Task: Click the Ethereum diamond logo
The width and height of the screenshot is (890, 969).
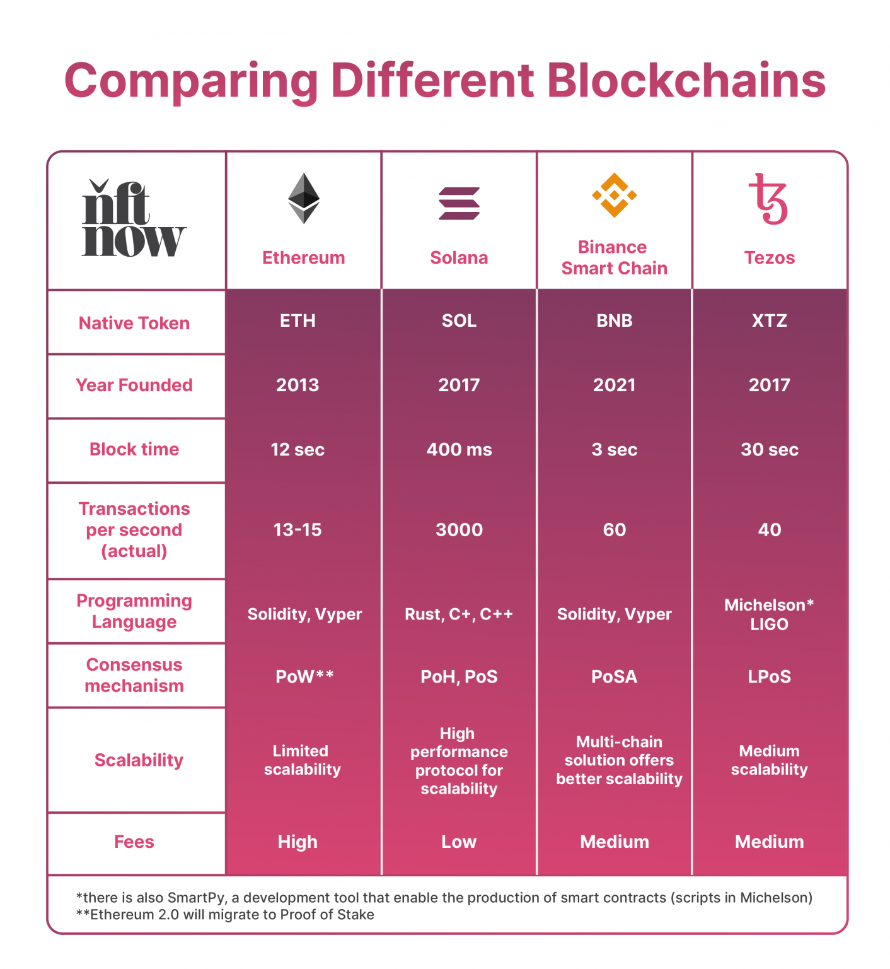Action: pos(304,198)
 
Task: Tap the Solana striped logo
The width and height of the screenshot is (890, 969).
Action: pos(459,203)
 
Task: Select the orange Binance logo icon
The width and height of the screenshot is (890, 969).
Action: pos(614,196)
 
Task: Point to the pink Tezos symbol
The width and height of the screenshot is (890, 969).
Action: pos(768,199)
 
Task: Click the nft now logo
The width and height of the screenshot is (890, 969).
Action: pos(134,220)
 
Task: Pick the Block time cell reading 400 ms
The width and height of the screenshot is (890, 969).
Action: pos(459,450)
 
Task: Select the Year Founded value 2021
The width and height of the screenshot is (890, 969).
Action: pos(614,385)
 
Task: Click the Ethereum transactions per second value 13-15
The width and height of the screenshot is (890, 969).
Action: pos(298,530)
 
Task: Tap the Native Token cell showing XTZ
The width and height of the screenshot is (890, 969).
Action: pos(769,320)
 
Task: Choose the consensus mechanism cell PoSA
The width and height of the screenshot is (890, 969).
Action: pos(614,677)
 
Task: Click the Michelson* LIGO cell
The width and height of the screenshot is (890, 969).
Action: pos(769,614)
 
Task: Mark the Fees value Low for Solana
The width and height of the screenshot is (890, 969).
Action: pos(459,842)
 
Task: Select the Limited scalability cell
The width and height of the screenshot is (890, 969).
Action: pos(302,760)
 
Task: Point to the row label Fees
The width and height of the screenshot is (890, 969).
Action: pos(134,842)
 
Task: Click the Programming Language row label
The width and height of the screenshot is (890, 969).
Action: pos(134,611)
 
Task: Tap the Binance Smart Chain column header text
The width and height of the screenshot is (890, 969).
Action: pos(614,257)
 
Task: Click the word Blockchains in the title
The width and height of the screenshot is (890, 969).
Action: pos(686,81)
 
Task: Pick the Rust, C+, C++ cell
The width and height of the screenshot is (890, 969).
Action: pos(459,614)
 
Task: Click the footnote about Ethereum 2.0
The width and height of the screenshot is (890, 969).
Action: pos(225,915)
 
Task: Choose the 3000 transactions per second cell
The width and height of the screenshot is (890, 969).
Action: pos(459,530)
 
